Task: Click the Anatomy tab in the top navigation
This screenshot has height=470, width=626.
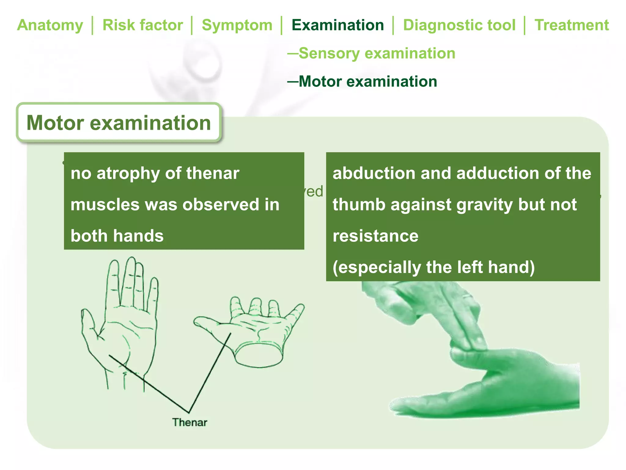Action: tap(50, 25)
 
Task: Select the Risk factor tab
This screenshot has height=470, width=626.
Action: tap(142, 25)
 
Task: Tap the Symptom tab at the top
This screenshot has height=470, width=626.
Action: tap(237, 25)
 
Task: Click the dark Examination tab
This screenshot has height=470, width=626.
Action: tap(337, 25)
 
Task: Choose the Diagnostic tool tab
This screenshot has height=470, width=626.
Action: tap(459, 25)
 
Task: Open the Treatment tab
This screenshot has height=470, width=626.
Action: tap(572, 25)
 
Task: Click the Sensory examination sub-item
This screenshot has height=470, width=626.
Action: tap(377, 53)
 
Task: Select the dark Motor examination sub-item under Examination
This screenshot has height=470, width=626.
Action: tap(368, 81)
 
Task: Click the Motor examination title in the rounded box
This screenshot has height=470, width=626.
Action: tap(119, 123)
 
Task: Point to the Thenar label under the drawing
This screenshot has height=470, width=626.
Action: tap(190, 422)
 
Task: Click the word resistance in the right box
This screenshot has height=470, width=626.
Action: tap(375, 236)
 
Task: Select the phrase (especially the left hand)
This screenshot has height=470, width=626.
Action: tap(433, 267)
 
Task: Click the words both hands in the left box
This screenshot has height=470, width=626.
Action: tap(117, 236)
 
